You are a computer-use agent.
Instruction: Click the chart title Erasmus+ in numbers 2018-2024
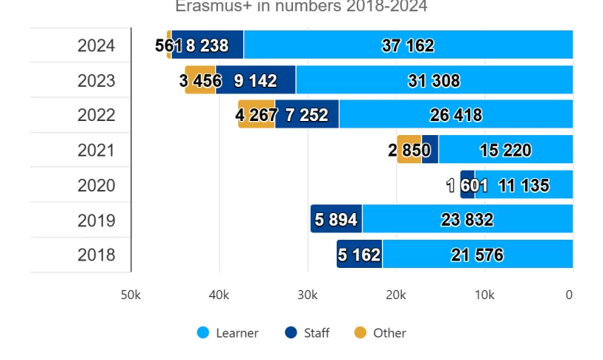pos(301,7)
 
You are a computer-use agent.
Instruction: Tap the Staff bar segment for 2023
pos(256,80)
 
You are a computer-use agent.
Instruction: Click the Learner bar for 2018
pos(477,255)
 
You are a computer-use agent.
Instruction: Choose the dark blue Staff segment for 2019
pos(336,220)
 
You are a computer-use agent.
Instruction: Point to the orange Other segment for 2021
pos(409,150)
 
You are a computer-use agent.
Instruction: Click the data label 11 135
pos(524,186)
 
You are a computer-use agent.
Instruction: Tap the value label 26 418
pos(455,116)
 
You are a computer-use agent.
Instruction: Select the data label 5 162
pos(359,255)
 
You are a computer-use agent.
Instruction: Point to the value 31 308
pos(434,81)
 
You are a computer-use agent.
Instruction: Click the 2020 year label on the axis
pos(96,186)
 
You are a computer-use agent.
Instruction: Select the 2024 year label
pos(96,46)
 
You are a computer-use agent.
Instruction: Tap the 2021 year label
pos(96,151)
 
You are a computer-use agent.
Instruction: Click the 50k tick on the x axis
pos(131,295)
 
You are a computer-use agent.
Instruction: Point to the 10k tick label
pos(484,295)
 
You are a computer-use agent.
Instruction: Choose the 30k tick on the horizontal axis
pos(307,295)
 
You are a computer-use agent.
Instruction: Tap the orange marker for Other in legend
pos(360,333)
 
